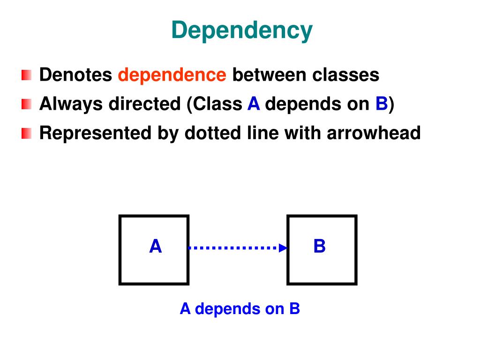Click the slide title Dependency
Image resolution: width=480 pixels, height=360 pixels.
(x=241, y=31)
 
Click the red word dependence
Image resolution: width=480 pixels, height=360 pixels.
(x=172, y=75)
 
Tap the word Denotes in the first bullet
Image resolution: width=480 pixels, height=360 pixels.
(x=75, y=75)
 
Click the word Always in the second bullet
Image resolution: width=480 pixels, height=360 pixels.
(x=71, y=104)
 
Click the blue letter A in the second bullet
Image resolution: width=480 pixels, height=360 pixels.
(x=254, y=104)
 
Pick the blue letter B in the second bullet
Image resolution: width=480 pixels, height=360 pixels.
(x=381, y=104)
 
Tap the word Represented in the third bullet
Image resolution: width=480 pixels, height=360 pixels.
(x=94, y=133)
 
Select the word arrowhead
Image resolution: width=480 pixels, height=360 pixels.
(x=374, y=133)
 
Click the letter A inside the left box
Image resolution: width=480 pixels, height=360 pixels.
(x=155, y=247)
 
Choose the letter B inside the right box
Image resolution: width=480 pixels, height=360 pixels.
(x=320, y=247)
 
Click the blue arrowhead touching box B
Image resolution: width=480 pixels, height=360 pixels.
(x=283, y=248)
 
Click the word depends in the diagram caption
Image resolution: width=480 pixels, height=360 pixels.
(x=220, y=309)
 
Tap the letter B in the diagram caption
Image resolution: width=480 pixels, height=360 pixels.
(x=294, y=309)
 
